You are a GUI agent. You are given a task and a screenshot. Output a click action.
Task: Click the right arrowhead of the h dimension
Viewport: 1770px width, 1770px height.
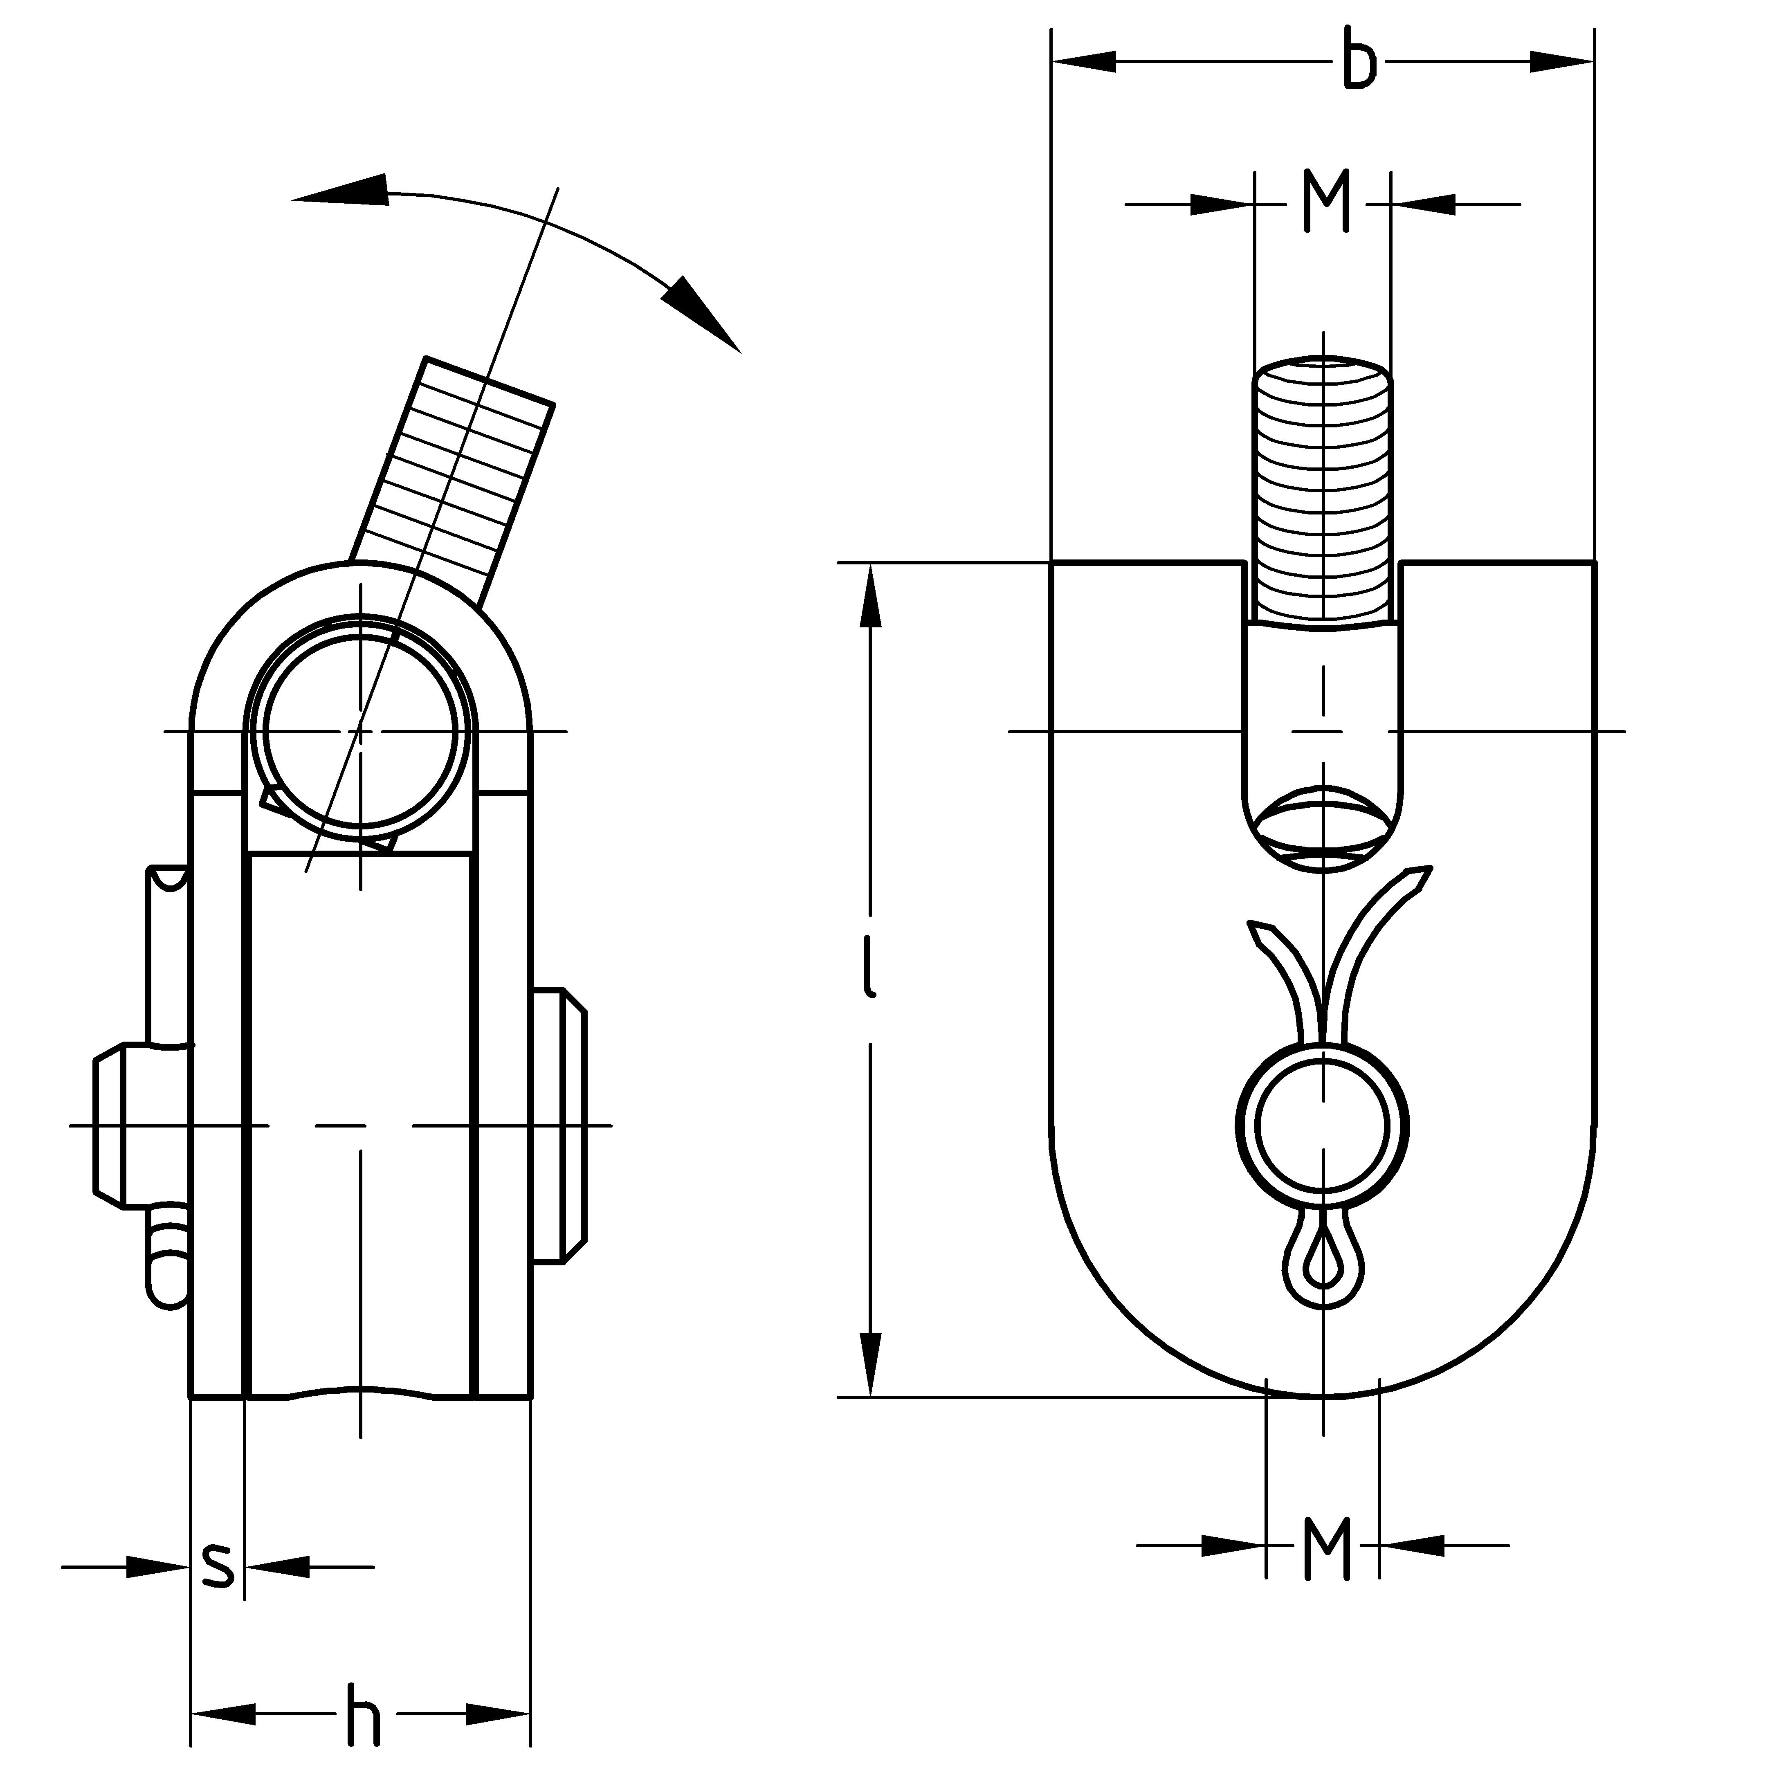[x=499, y=1713]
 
